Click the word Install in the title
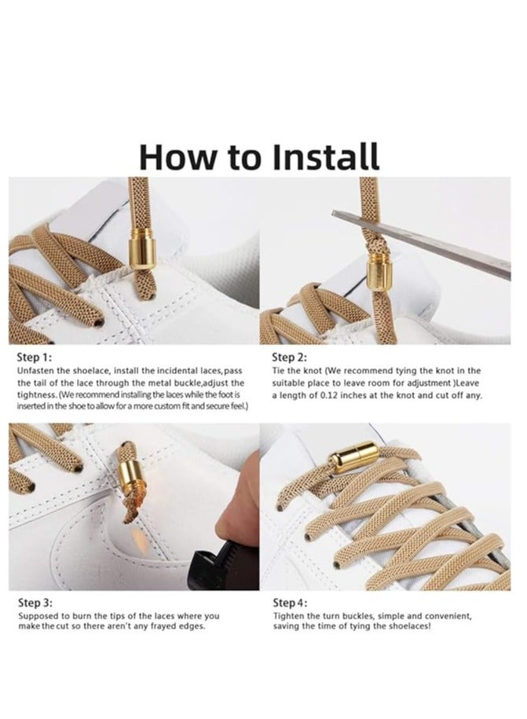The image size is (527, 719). (x=325, y=157)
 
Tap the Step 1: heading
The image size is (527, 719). (x=35, y=358)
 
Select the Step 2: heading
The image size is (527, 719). (x=290, y=358)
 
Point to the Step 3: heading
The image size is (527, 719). (x=35, y=603)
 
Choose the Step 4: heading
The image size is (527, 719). (x=290, y=603)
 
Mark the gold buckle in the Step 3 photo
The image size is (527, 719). (x=130, y=476)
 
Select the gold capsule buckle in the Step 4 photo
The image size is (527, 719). (x=353, y=456)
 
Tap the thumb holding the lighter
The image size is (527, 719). (x=234, y=519)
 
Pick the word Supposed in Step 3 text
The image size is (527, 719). (x=38, y=616)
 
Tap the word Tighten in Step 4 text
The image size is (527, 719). (x=290, y=616)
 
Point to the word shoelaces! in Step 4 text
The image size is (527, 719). (x=410, y=626)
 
